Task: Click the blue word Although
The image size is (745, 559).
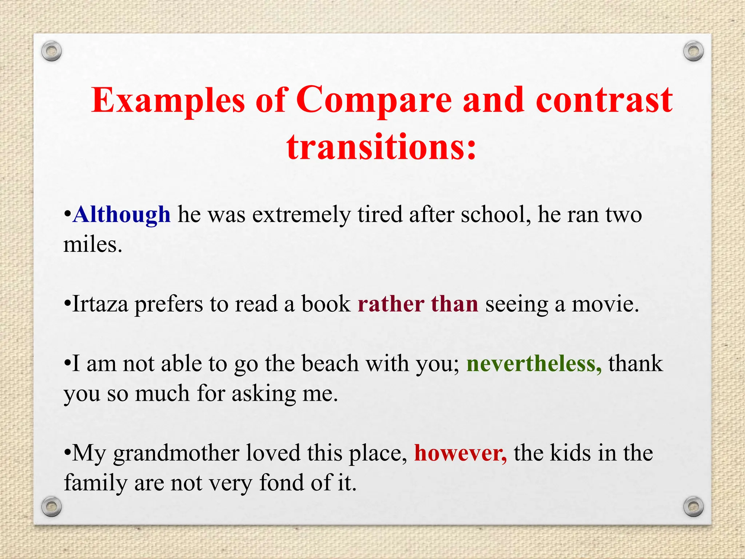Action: [x=121, y=215]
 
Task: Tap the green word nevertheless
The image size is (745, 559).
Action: [x=534, y=364]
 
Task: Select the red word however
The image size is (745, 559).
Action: [x=460, y=453]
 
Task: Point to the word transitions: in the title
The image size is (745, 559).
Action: [x=381, y=147]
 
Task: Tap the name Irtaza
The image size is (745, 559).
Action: [x=100, y=304]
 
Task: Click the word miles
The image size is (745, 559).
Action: [x=92, y=245]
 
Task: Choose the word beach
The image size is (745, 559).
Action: [x=330, y=364]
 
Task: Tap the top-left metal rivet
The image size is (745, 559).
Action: [x=51, y=51]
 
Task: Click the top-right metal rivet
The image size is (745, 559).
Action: [x=693, y=51]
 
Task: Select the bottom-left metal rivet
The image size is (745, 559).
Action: [x=51, y=506]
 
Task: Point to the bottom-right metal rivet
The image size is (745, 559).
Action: [x=693, y=506]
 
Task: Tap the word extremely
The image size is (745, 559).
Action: [x=301, y=215]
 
